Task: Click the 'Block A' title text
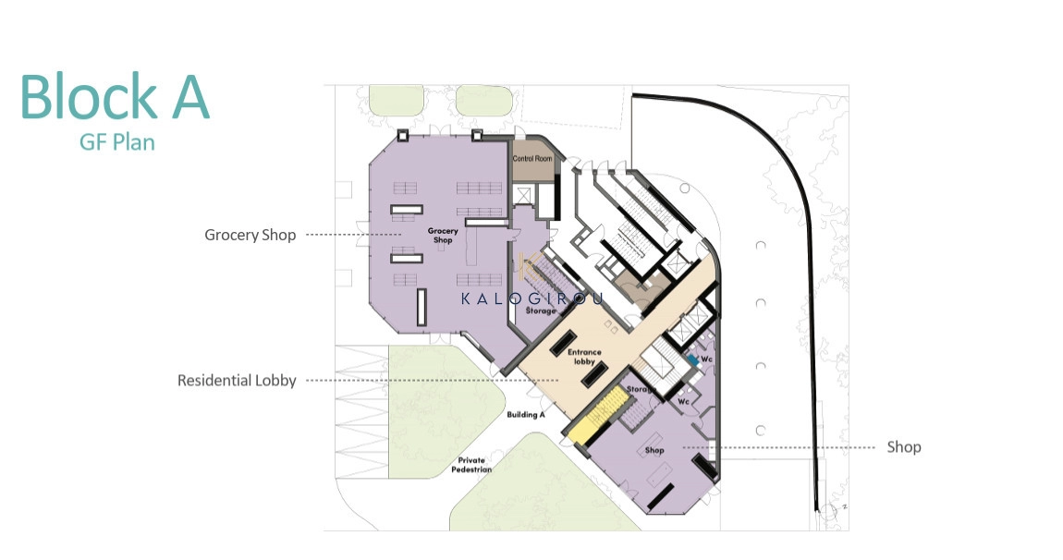(115, 96)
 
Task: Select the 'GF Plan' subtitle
(117, 142)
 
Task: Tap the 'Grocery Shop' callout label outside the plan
(250, 236)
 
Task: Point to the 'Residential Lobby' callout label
(237, 381)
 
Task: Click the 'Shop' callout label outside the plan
(904, 446)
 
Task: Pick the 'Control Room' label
(532, 159)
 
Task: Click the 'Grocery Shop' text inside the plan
(443, 236)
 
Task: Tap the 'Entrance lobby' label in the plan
(584, 357)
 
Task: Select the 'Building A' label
(525, 414)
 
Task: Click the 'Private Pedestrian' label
(471, 465)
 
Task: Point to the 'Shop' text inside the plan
(654, 450)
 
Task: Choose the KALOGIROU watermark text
(531, 298)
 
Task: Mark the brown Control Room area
(532, 160)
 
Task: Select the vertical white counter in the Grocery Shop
(421, 308)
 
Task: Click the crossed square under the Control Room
(523, 195)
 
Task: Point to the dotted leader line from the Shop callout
(779, 447)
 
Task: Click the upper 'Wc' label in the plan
(707, 359)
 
